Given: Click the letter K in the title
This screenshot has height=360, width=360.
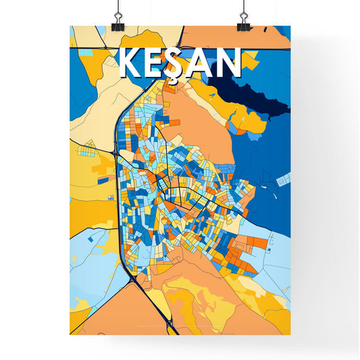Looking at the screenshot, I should coord(130,63).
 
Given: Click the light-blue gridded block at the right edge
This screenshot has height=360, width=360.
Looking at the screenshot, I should coord(284,179).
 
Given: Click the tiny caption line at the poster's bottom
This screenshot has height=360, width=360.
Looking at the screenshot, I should coord(179,329).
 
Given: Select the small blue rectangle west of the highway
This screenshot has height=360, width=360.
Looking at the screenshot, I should coord(101,180).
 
